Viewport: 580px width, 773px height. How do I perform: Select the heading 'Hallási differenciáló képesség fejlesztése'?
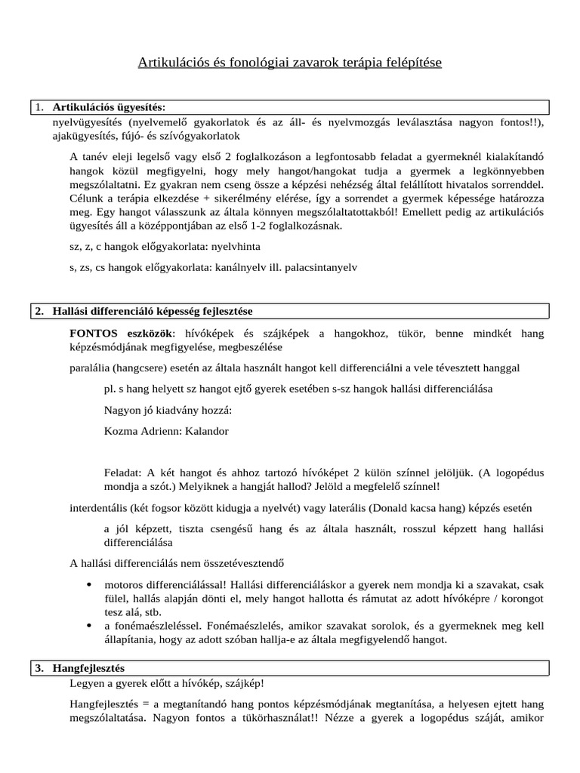coord(158,311)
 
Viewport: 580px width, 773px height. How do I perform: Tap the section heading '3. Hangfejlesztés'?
coord(88,668)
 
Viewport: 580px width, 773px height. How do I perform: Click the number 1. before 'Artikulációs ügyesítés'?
coord(40,107)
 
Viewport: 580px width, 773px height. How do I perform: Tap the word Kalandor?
coord(206,431)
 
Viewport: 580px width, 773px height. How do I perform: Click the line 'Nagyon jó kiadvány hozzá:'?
coord(168,411)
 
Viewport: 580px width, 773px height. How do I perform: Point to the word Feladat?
coord(125,472)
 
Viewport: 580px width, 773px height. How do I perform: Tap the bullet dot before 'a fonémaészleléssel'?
coord(90,626)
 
